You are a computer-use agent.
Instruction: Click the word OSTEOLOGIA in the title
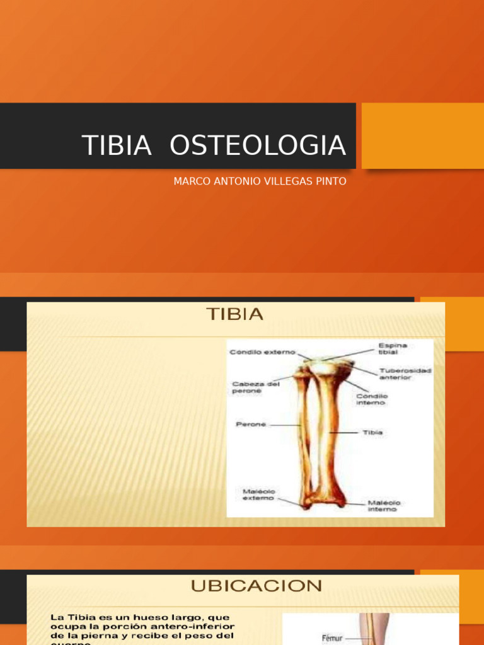(258, 146)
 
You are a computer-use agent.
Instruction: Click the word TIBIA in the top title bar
(117, 146)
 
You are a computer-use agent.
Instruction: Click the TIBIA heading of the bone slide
(235, 314)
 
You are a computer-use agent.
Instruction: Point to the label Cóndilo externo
(262, 352)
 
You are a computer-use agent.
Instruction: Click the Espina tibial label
(393, 349)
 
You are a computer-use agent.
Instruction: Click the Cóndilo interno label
(372, 399)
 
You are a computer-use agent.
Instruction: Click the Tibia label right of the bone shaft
(372, 433)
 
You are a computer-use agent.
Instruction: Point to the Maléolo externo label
(259, 494)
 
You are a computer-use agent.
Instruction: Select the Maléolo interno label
(384, 506)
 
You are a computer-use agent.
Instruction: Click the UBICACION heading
(256, 586)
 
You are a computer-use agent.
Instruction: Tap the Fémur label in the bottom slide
(332, 638)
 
